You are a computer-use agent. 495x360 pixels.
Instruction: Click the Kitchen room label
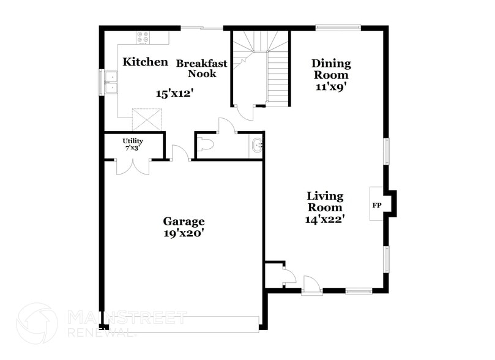point(145,62)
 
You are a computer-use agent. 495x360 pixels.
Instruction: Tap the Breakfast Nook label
point(202,68)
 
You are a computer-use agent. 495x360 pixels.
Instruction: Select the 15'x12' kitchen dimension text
point(174,94)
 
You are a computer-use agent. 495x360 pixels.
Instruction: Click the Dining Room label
point(331,69)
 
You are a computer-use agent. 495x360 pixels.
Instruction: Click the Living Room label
point(325,201)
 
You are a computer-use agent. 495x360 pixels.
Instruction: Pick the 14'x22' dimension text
point(325,219)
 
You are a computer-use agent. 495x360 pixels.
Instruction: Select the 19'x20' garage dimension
point(184,233)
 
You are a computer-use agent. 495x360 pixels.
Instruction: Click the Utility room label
point(133,144)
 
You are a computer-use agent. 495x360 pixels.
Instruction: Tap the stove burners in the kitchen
point(143,37)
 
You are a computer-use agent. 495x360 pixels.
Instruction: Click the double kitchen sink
point(111,83)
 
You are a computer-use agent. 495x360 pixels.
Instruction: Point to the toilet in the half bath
point(205,146)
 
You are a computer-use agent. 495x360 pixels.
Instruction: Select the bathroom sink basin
point(256,146)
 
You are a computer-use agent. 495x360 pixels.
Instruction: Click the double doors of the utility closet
point(133,167)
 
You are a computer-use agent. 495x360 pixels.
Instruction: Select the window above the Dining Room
point(337,27)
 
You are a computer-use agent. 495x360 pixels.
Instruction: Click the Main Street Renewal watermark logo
point(37,323)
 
